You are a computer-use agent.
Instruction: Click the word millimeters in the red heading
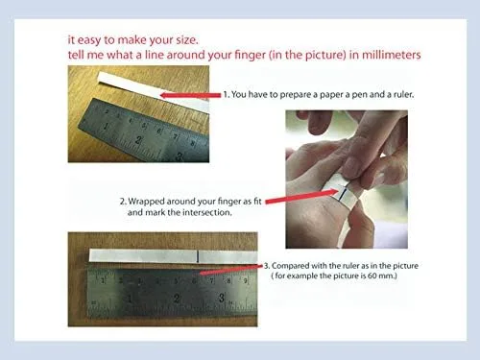pos(392,55)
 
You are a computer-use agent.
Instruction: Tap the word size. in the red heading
pos(187,40)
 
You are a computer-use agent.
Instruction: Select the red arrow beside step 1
pos(190,95)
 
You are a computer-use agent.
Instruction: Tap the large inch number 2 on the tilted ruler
pos(138,140)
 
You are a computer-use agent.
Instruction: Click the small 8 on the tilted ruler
pos(193,143)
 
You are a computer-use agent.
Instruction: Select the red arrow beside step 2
pos(301,196)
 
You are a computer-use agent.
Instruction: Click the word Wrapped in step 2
pos(147,202)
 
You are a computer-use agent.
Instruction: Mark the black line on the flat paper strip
pos(198,256)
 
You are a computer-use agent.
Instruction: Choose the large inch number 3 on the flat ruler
pos(222,298)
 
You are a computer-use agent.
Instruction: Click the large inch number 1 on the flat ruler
pos(130,299)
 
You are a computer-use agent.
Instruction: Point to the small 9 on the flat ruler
pos(245,281)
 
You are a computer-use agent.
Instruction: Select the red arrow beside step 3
pos(230,270)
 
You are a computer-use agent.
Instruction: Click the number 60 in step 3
pos(372,276)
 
